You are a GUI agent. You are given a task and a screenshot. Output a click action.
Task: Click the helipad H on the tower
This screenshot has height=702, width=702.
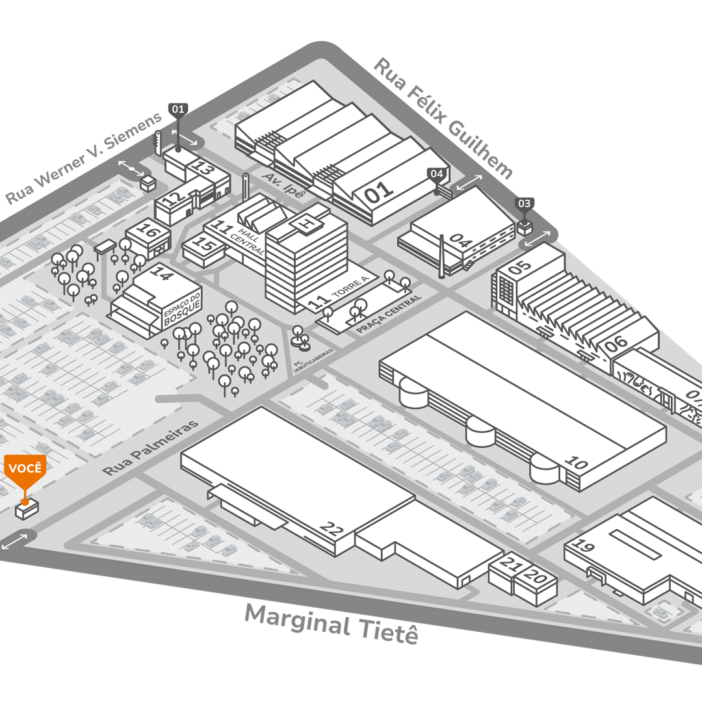click(307, 222)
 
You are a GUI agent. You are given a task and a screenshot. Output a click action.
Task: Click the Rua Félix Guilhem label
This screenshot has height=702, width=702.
click(443, 118)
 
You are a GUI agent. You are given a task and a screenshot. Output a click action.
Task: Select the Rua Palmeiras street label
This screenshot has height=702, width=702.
click(150, 448)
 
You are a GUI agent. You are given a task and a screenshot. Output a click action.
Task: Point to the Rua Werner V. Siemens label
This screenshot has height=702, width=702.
click(83, 157)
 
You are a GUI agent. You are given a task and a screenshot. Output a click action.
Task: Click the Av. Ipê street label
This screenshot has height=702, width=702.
click(284, 185)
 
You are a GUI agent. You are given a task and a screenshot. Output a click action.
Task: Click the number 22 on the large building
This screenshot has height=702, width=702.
click(332, 530)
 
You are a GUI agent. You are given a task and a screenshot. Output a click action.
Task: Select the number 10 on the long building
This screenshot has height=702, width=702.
click(576, 462)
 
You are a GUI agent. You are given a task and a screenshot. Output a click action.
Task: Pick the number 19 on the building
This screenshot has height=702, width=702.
click(584, 545)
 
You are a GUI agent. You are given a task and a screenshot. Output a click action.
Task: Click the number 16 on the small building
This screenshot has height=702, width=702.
click(149, 230)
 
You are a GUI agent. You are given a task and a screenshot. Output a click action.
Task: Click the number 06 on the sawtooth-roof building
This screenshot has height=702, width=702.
click(616, 344)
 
